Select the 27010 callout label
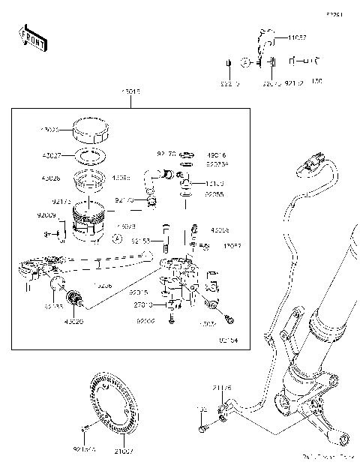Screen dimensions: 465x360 [x=143, y=304]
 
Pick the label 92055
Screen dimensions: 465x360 [x=214, y=193]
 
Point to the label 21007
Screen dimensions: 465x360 [x=124, y=451]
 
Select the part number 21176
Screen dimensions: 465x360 [x=221, y=388]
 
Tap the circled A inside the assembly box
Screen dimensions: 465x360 [x=116, y=238]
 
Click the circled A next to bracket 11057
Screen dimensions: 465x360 [x=245, y=61]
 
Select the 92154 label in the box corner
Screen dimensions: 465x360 [x=228, y=340]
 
